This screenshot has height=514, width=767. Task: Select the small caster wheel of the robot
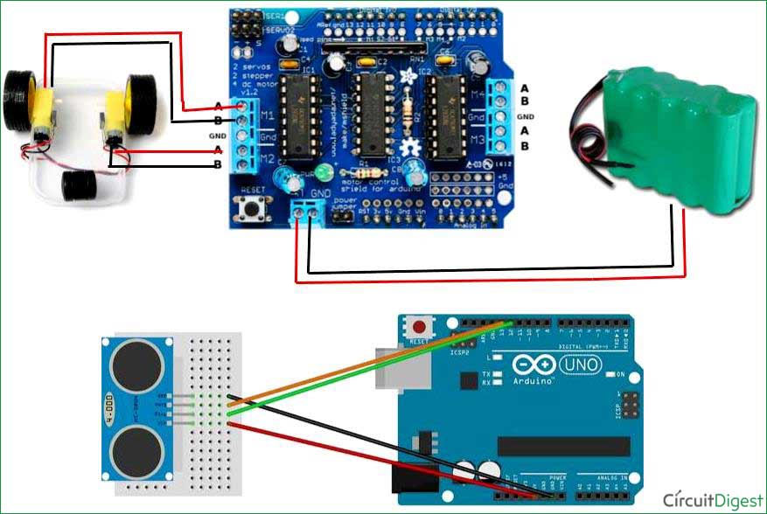[x=80, y=184]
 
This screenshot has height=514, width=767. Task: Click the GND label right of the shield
[x=525, y=117]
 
